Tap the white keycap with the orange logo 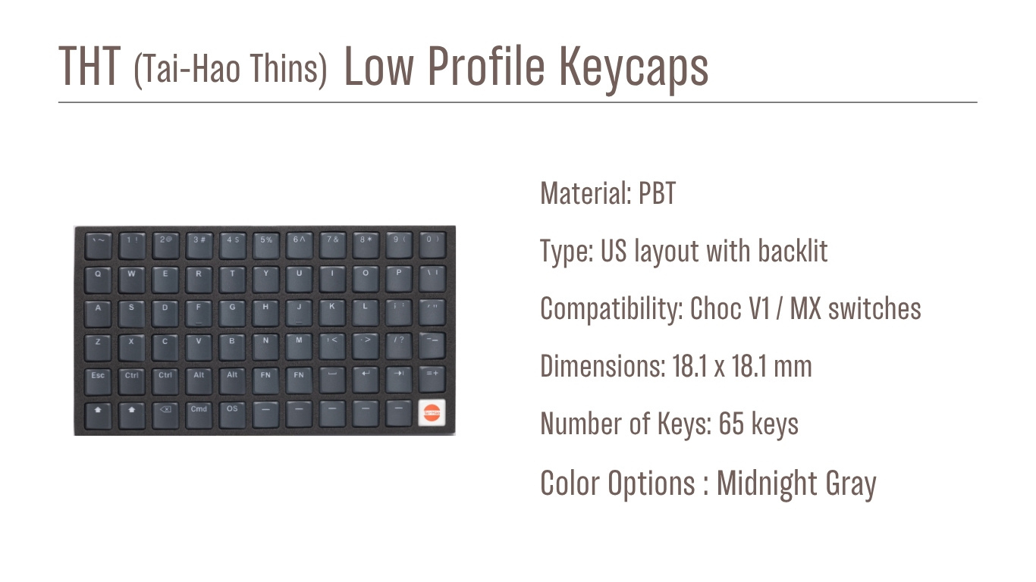click(432, 412)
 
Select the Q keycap click(98, 277)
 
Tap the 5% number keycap click(266, 242)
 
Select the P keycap click(399, 277)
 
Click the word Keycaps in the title click(634, 67)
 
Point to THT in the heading click(89, 67)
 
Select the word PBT click(657, 194)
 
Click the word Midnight click(766, 483)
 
